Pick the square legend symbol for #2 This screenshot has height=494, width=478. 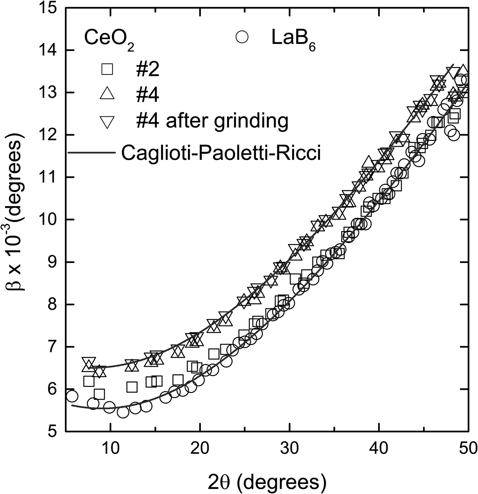[x=107, y=69]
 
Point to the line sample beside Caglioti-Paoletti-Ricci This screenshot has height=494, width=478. [x=91, y=153]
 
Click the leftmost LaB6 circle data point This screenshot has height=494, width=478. [x=72, y=396]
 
